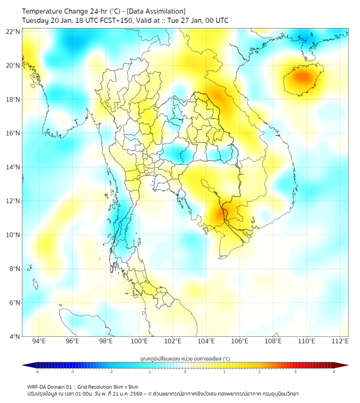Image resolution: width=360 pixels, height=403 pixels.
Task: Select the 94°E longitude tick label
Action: tap(39, 341)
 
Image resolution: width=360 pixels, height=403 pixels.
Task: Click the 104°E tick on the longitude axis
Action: tap(206, 341)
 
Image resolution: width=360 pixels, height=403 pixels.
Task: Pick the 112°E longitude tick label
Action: tap(340, 341)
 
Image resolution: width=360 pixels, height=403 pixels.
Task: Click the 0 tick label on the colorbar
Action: tap(185, 372)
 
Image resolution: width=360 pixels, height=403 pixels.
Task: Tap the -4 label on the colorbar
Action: tap(36, 372)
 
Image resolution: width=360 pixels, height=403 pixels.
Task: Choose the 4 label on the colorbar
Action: tap(334, 372)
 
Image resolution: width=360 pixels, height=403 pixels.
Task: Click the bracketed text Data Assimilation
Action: tap(157, 11)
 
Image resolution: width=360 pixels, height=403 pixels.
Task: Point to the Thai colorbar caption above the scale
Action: tap(185, 358)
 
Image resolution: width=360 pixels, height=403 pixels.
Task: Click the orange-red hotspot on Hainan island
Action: tap(302, 77)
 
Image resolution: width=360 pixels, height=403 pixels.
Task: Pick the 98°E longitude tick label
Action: tap(106, 341)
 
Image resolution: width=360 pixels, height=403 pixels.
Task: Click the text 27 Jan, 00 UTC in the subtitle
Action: tap(205, 20)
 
